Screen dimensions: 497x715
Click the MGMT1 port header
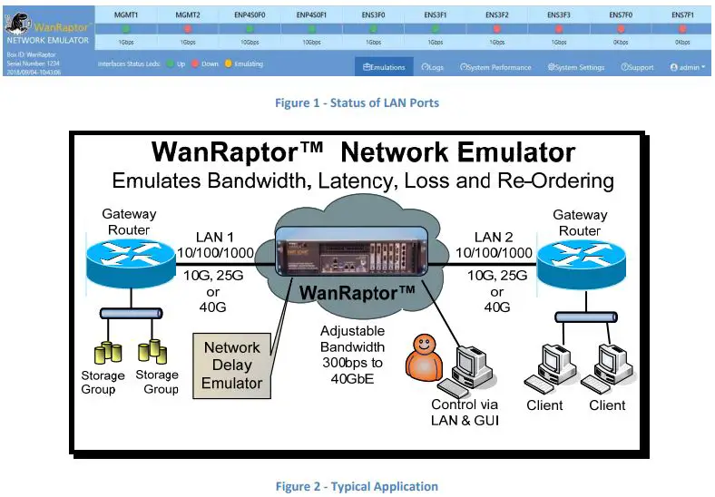point(124,15)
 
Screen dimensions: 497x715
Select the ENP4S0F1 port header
point(311,15)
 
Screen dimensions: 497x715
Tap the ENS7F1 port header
point(682,15)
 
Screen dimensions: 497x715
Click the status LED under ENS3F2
point(496,29)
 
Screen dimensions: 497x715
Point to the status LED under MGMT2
point(187,29)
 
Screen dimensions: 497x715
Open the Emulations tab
point(384,67)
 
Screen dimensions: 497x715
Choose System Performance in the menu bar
point(495,67)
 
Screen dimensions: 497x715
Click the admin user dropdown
point(687,67)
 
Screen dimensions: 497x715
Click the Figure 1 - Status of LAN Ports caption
point(357,103)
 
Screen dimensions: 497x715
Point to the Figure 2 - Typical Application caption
point(357,486)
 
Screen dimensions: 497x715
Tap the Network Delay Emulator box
point(231,365)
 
